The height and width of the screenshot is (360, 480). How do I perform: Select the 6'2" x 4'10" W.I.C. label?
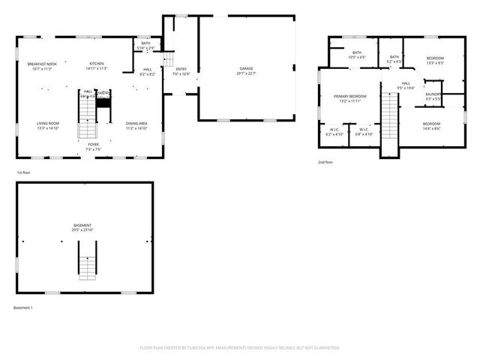pos(334,131)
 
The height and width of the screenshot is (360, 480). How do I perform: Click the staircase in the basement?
pos(88,266)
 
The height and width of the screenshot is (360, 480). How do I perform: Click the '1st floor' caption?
pos(23,172)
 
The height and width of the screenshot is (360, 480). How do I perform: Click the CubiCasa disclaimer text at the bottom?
pos(240,348)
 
